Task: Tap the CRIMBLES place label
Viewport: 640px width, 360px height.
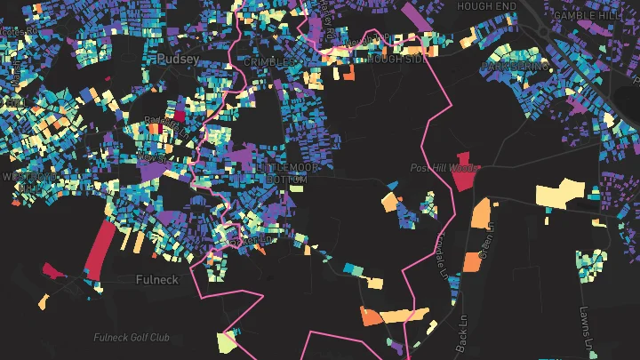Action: coord(273,62)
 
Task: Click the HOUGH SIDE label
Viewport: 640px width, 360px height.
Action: coord(395,60)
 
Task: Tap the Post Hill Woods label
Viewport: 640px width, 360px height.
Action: coord(444,168)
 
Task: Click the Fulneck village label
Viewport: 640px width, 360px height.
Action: coord(157,279)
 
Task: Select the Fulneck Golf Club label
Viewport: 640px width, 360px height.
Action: coord(132,338)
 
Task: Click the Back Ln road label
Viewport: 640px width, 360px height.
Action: coord(460,333)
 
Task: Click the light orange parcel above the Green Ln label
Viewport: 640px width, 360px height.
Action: coord(481,212)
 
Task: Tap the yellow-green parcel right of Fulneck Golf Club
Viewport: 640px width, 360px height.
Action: coord(228,340)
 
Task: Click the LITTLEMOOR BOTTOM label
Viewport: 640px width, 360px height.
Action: coord(281,173)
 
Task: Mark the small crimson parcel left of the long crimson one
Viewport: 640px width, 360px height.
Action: coord(51,269)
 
